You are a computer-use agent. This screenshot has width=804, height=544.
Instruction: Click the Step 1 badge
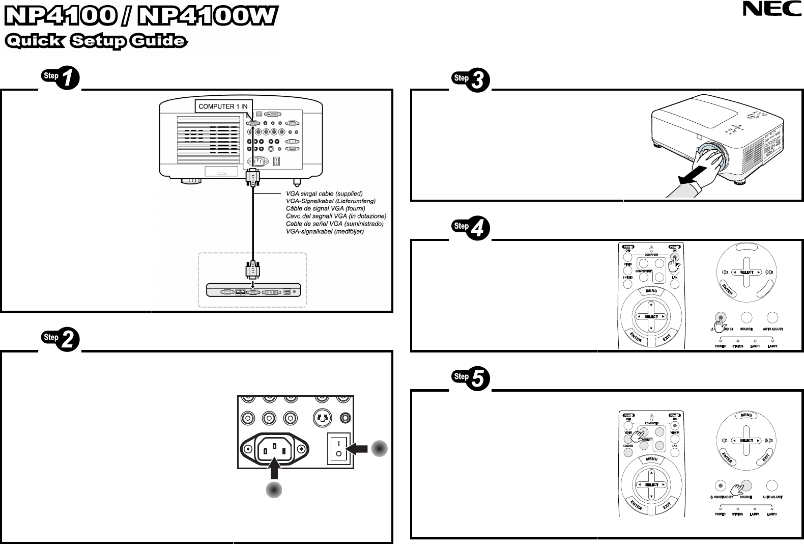tap(61, 78)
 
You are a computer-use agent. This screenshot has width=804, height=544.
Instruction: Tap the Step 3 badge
tap(471, 80)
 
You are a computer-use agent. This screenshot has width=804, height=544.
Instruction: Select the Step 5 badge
tap(471, 378)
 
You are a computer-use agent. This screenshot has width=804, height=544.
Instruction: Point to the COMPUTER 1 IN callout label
tap(222, 106)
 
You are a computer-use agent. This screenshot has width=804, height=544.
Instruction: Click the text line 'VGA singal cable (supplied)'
tap(324, 194)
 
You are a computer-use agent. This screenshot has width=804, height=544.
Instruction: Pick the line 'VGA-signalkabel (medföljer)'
tap(325, 231)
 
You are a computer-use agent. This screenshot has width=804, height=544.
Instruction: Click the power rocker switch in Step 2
tap(338, 449)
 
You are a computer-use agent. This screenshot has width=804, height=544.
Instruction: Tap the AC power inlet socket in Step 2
tap(275, 449)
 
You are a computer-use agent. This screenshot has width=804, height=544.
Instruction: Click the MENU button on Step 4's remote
tap(651, 291)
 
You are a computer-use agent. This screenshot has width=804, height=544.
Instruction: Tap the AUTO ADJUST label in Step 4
tap(772, 329)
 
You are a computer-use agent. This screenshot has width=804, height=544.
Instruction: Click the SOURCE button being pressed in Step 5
tap(746, 485)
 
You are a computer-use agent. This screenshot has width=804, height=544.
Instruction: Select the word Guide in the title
tap(158, 41)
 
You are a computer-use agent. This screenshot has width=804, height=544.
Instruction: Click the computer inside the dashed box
tap(253, 290)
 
